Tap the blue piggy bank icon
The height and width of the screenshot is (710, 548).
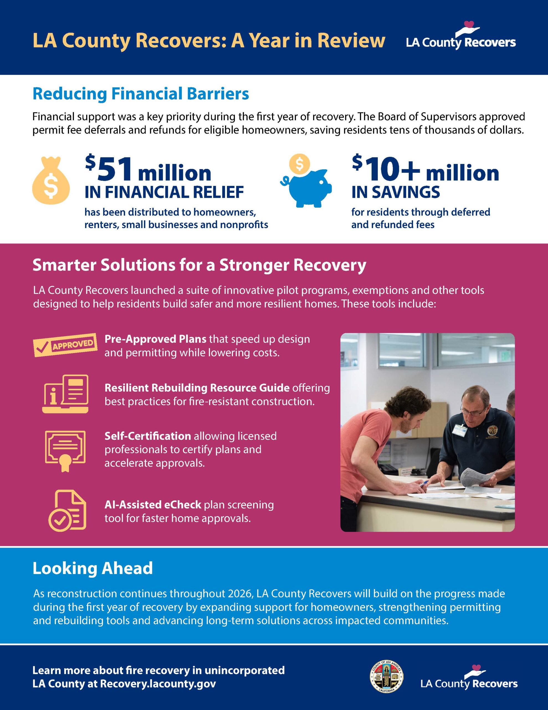click(307, 189)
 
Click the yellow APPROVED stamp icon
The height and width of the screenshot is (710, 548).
click(66, 345)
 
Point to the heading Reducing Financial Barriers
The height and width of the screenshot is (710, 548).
click(141, 94)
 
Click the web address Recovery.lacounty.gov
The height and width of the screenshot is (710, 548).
click(158, 683)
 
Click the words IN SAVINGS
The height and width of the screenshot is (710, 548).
click(395, 192)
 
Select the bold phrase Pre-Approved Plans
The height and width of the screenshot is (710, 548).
click(155, 339)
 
